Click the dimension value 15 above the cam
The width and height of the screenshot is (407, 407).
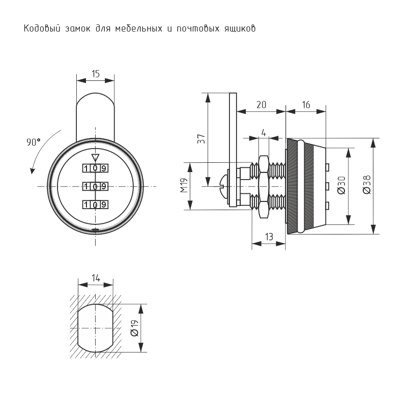pyautogui.click(x=95, y=73)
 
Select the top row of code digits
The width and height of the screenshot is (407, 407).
pyautogui.click(x=95, y=168)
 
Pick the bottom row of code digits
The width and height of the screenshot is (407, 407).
pyautogui.click(x=95, y=205)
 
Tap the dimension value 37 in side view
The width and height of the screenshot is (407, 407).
pyautogui.click(x=200, y=139)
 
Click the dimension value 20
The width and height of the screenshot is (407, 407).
pyautogui.click(x=261, y=105)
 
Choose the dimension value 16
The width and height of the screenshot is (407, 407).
pyautogui.click(x=306, y=105)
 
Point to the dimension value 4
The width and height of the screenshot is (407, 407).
pyautogui.click(x=263, y=133)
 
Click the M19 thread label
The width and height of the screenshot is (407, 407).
pyautogui.click(x=184, y=186)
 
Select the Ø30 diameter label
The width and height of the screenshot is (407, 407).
pyautogui.click(x=341, y=185)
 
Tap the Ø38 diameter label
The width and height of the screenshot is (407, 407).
pyautogui.click(x=366, y=185)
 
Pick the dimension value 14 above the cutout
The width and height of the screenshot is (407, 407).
pyautogui.click(x=95, y=278)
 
